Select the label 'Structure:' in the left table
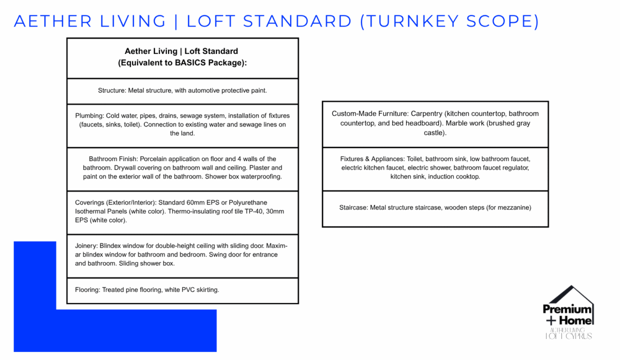click(112, 90)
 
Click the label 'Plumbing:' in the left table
click(89, 115)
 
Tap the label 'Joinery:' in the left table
click(86, 246)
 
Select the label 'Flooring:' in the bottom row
click(87, 289)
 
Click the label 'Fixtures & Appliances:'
click(372, 159)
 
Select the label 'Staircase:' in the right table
click(353, 207)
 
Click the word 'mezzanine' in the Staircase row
click(512, 207)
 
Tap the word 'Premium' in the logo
click(567, 309)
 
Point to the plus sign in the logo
click(550, 321)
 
